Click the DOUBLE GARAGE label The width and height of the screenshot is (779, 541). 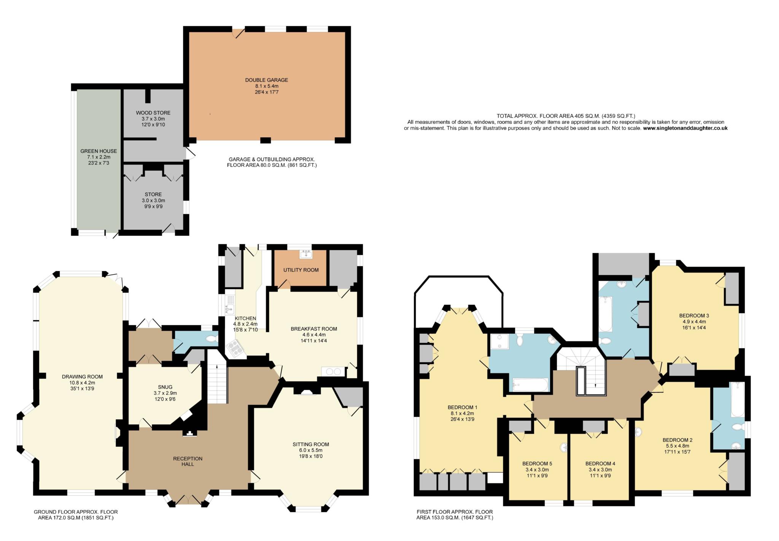266,80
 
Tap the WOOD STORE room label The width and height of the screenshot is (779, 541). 153,113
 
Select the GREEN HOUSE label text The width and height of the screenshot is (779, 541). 99,151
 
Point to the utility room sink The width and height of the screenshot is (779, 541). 305,254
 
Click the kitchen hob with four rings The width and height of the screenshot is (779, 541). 235,349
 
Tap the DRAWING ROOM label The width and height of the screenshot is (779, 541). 82,377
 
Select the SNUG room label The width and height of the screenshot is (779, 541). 165,387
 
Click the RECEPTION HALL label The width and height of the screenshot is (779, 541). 188,461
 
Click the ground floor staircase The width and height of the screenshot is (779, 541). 217,384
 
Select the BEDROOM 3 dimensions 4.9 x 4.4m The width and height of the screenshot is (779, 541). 694,322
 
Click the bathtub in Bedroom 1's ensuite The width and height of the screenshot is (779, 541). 530,385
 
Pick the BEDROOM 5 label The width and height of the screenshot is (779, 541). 537,464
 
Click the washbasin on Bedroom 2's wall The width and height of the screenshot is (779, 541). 638,432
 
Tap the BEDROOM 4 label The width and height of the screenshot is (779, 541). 600,464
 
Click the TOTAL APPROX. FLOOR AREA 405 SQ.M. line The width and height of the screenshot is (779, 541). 566,116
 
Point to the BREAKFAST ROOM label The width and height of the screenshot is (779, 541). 314,329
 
